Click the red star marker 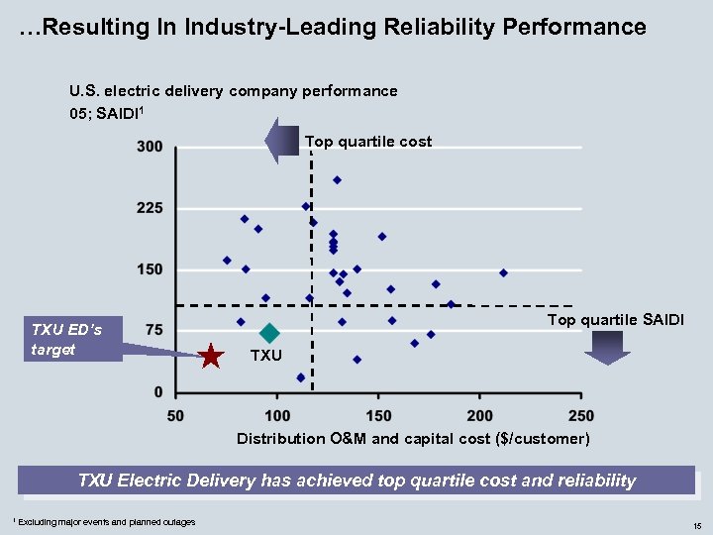210,357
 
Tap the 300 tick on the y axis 151,147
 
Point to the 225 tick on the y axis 151,208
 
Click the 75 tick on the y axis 154,330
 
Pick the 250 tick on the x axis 582,414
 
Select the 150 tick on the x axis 378,414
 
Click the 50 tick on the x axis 175,414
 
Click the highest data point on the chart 337,179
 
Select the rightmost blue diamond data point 503,272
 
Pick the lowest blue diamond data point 301,377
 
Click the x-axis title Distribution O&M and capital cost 413,438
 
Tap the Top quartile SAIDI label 615,319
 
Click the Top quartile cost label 368,142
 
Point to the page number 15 697,524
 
